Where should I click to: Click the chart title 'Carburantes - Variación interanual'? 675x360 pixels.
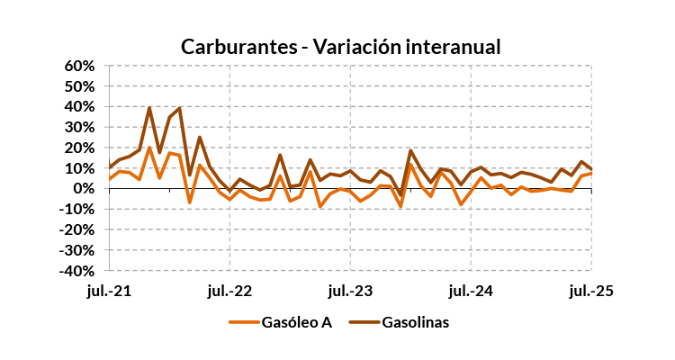click(340, 46)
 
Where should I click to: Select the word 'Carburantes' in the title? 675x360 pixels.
click(235, 46)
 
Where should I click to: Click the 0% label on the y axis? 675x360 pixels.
click(85, 189)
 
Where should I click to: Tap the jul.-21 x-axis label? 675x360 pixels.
click(110, 291)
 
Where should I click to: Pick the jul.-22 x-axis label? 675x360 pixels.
click(230, 291)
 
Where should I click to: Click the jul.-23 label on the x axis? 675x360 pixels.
click(351, 291)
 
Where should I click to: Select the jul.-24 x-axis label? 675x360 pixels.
click(471, 291)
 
